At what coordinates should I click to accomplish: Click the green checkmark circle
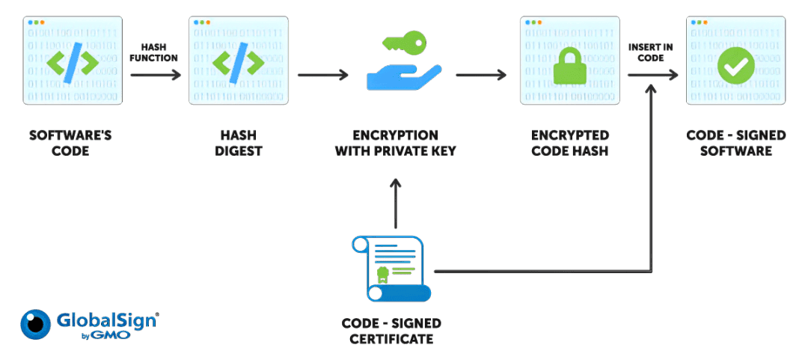point(735,66)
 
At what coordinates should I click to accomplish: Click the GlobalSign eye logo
point(35,325)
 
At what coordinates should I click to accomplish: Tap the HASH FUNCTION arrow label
point(154,52)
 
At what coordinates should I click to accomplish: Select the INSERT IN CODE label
point(650,52)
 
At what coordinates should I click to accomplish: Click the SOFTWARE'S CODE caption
point(72,143)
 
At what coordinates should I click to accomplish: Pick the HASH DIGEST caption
point(238,143)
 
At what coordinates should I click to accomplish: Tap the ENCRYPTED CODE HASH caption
point(570,143)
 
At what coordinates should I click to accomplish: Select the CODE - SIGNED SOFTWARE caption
point(736,143)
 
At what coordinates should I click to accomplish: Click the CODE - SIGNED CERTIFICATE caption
point(391,331)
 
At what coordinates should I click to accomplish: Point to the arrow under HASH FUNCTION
point(156,75)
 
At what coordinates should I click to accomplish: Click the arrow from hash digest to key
point(322,75)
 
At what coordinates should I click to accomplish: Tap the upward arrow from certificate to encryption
point(396,204)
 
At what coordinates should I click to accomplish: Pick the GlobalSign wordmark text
point(106,320)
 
